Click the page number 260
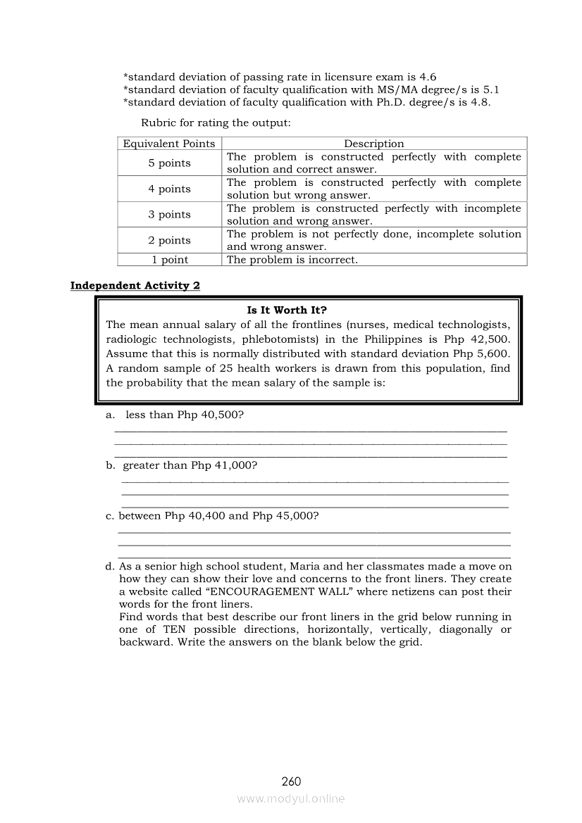tap(291, 781)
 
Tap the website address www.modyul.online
tap(291, 798)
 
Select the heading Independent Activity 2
tap(135, 285)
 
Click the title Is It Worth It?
tap(287, 310)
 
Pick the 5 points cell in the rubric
tap(169, 163)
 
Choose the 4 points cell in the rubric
tap(169, 189)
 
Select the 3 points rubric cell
tap(169, 214)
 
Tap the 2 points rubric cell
tap(169, 240)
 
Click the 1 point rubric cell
tap(169, 260)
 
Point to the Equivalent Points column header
tap(169, 144)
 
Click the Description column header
tap(374, 144)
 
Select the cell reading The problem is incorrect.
tap(292, 260)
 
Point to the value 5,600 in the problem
tap(492, 353)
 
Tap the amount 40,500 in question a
tap(221, 415)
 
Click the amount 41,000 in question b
tap(233, 465)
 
